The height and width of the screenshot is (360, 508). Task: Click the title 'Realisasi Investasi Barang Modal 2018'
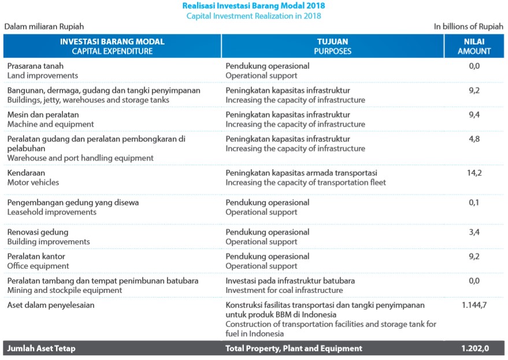pyautogui.click(x=254, y=6)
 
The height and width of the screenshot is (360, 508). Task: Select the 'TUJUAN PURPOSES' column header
pyautogui.click(x=332, y=46)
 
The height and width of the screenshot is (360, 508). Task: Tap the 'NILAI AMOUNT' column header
pyautogui.click(x=474, y=46)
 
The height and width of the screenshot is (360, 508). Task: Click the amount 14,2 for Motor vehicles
pyautogui.click(x=474, y=173)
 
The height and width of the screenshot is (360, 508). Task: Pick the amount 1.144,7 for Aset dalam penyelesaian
pyautogui.click(x=474, y=305)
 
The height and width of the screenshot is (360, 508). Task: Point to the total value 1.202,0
pyautogui.click(x=474, y=348)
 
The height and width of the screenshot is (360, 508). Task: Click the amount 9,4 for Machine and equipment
pyautogui.click(x=474, y=114)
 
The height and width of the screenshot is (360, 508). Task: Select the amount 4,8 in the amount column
pyautogui.click(x=474, y=139)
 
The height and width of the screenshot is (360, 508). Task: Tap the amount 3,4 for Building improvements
pyautogui.click(x=474, y=232)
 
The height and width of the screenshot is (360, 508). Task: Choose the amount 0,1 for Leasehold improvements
pyautogui.click(x=474, y=202)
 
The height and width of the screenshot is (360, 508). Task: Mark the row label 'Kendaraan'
pyautogui.click(x=26, y=173)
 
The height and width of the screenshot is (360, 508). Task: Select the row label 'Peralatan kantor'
pyautogui.click(x=36, y=256)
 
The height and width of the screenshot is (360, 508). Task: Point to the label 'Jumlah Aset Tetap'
pyautogui.click(x=41, y=348)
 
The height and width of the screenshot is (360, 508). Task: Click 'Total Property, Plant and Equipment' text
pyautogui.click(x=294, y=348)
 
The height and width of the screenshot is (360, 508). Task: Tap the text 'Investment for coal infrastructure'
pyautogui.click(x=284, y=290)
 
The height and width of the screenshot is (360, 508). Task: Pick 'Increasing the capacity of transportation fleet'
pyautogui.click(x=305, y=183)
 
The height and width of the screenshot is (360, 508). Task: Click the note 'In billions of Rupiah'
pyautogui.click(x=468, y=27)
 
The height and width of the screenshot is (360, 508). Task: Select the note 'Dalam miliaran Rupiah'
pyautogui.click(x=44, y=27)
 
